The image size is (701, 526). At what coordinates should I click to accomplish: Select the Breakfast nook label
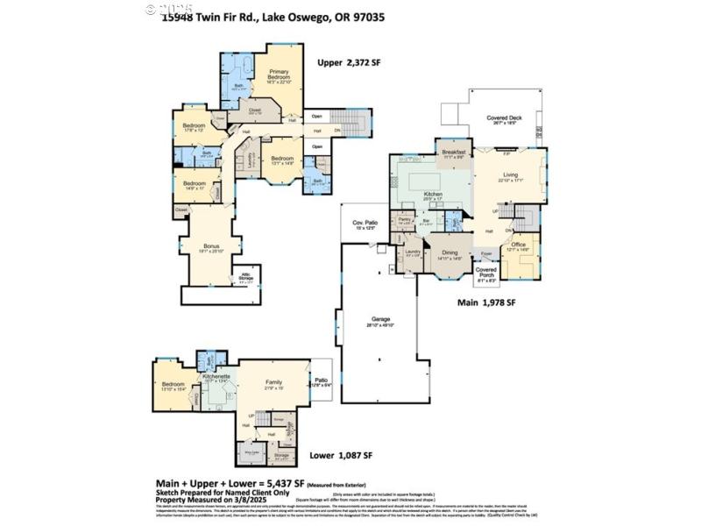pyautogui.click(x=454, y=151)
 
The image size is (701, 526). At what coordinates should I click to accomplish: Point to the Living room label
pyautogui.click(x=511, y=174)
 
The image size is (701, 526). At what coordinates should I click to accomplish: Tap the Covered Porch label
pyautogui.click(x=485, y=273)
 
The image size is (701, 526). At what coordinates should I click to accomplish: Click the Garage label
pyautogui.click(x=379, y=319)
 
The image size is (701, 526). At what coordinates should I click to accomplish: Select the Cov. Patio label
pyautogui.click(x=364, y=224)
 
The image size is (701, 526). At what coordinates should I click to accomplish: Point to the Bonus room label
pyautogui.click(x=211, y=246)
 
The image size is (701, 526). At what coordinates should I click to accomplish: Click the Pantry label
pyautogui.click(x=405, y=220)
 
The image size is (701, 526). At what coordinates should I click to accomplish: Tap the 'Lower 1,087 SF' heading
pyautogui.click(x=342, y=456)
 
